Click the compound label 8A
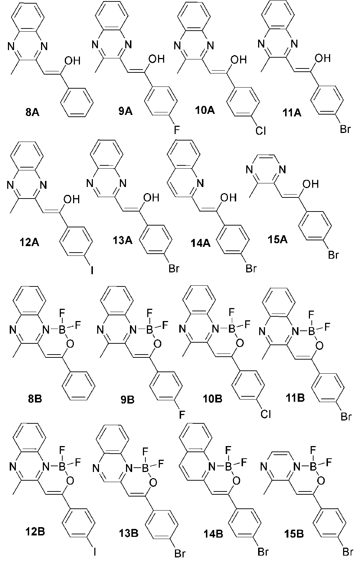click(32, 112)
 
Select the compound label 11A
click(292, 113)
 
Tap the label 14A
click(201, 243)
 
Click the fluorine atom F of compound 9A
click(177, 130)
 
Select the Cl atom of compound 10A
click(261, 130)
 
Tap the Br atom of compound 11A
click(345, 129)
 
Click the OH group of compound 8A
click(73, 61)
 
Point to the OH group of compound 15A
click(310, 184)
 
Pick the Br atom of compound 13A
click(174, 268)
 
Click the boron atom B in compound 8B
click(62, 331)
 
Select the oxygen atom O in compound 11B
click(319, 346)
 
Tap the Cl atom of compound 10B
click(266, 414)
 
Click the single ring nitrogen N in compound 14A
click(200, 183)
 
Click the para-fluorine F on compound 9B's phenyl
click(182, 415)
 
